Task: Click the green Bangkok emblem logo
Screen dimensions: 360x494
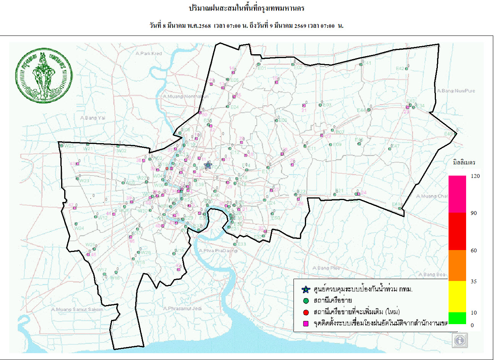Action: tap(44, 75)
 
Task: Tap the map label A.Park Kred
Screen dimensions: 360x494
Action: tap(149, 53)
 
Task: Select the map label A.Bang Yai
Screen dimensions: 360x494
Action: tap(92, 118)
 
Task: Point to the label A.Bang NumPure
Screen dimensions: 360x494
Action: tap(456, 91)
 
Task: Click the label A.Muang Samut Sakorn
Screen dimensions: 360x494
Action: tap(77, 309)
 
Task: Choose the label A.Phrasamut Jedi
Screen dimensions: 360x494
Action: tap(182, 308)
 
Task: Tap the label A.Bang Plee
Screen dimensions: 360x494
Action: tap(326, 268)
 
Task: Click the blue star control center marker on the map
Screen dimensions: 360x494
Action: tap(208, 165)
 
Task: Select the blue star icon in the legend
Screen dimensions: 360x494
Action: tap(305, 289)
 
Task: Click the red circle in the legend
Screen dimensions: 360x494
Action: tap(306, 313)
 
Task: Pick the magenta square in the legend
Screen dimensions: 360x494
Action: tap(306, 324)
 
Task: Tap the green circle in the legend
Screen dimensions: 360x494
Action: tap(306, 301)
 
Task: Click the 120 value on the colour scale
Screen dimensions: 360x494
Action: tap(475, 176)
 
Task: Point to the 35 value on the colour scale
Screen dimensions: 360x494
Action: tap(474, 281)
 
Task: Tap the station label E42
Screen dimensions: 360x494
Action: tap(400, 69)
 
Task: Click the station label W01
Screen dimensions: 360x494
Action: tap(69, 146)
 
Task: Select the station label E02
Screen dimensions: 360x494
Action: tap(298, 68)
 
